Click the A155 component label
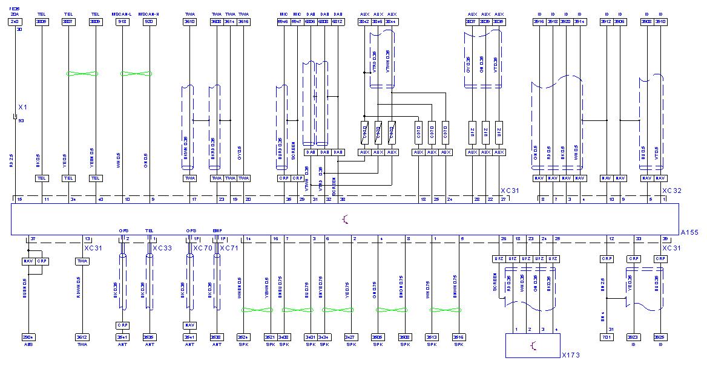(688, 232)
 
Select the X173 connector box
(532, 345)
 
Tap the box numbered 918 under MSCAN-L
(122, 22)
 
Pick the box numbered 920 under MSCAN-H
(149, 22)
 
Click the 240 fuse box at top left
(15, 22)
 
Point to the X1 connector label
(23, 107)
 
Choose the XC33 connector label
(162, 248)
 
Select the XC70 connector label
(202, 248)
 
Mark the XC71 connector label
(229, 248)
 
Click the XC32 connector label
(672, 191)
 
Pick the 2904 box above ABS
(28, 336)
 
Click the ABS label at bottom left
(28, 344)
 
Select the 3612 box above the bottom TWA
(82, 336)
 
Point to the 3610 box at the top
(189, 22)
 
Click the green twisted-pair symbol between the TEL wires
(82, 74)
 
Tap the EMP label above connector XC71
(217, 230)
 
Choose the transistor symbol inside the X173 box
(532, 345)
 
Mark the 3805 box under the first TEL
(42, 22)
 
